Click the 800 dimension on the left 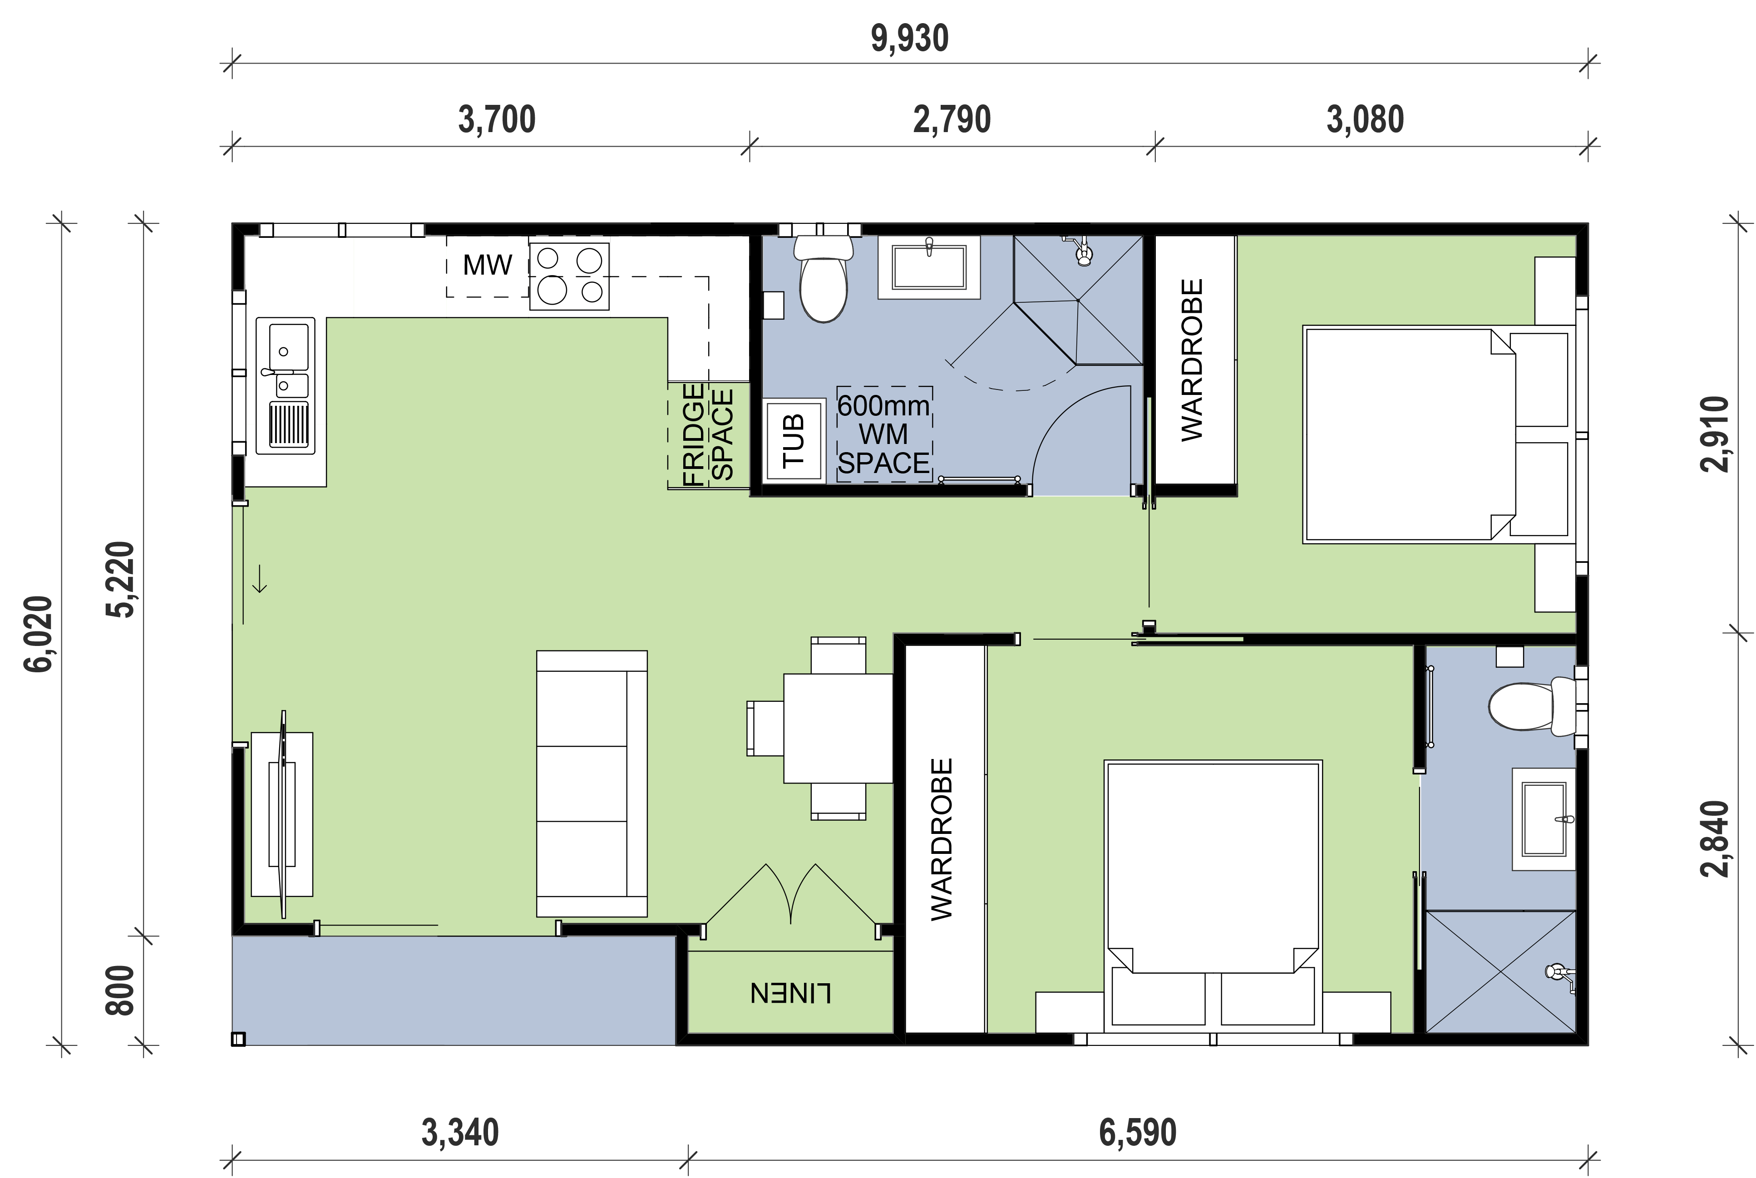pos(120,990)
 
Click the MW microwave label pos(487,265)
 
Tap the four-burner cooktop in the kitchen pos(569,276)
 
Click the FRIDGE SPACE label pos(707,434)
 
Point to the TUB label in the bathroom pos(794,440)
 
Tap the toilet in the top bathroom pos(824,282)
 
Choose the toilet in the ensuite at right pos(1525,707)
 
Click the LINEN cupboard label pos(790,993)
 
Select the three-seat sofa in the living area pos(592,784)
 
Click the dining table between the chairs pos(838,727)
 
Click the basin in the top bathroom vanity pos(929,267)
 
